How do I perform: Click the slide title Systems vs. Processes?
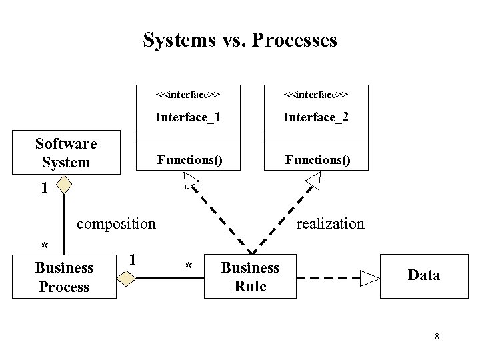(240, 40)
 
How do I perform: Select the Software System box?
(66, 153)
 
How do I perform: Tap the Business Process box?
(64, 277)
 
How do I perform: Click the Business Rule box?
(250, 277)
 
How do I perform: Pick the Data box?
(423, 275)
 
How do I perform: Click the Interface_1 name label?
(187, 117)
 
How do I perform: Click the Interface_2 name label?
(315, 117)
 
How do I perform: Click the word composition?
(116, 223)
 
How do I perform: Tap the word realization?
(330, 223)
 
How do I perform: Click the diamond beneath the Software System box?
(65, 183)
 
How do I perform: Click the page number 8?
(437, 337)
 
